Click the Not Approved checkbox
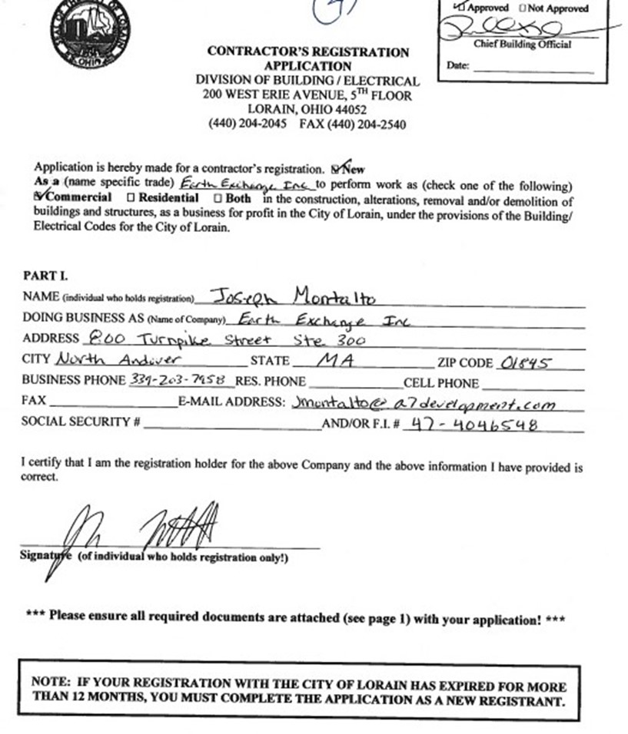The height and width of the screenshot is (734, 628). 523,8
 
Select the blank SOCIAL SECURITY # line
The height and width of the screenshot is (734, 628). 232,427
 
